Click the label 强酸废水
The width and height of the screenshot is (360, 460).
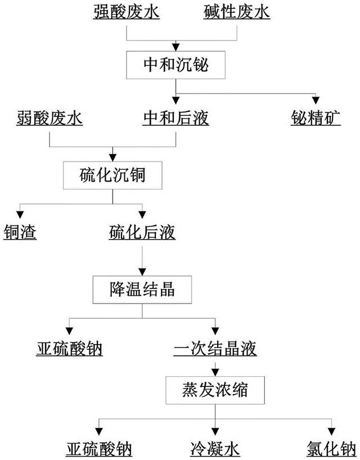(x=126, y=11)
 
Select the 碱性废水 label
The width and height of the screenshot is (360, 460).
(x=236, y=11)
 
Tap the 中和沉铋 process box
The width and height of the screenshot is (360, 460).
(x=177, y=65)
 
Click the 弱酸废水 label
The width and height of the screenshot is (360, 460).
(x=49, y=119)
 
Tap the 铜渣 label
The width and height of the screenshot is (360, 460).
(x=20, y=232)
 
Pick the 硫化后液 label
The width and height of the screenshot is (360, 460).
(x=142, y=232)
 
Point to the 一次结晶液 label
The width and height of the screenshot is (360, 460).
(x=215, y=349)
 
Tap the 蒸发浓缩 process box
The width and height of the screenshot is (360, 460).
(x=214, y=390)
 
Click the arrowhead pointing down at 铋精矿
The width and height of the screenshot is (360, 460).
(x=316, y=99)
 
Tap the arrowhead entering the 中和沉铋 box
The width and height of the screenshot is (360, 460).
(x=177, y=47)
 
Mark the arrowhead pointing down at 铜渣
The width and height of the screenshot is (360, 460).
(x=20, y=214)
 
